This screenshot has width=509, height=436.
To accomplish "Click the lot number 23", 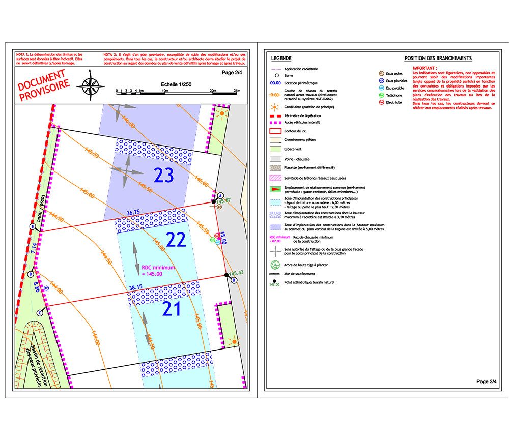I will point(164,176).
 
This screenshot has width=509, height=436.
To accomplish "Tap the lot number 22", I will point(176,240).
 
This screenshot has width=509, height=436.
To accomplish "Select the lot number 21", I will point(172,308).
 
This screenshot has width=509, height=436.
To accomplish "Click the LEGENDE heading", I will point(281,58).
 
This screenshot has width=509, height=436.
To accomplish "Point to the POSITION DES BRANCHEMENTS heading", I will point(438,58).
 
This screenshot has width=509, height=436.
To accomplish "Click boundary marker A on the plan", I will point(221,195).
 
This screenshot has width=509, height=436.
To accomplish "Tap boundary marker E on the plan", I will point(33,226).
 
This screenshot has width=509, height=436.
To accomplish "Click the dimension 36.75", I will point(133,212).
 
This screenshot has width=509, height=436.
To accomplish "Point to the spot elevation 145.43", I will point(237,273).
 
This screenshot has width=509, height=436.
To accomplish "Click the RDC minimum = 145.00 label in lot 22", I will point(159,270).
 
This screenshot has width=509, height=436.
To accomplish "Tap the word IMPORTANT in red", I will point(425,68).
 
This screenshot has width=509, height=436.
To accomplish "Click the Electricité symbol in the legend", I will point(381,103).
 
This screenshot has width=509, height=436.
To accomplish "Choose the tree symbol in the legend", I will point(275,264).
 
